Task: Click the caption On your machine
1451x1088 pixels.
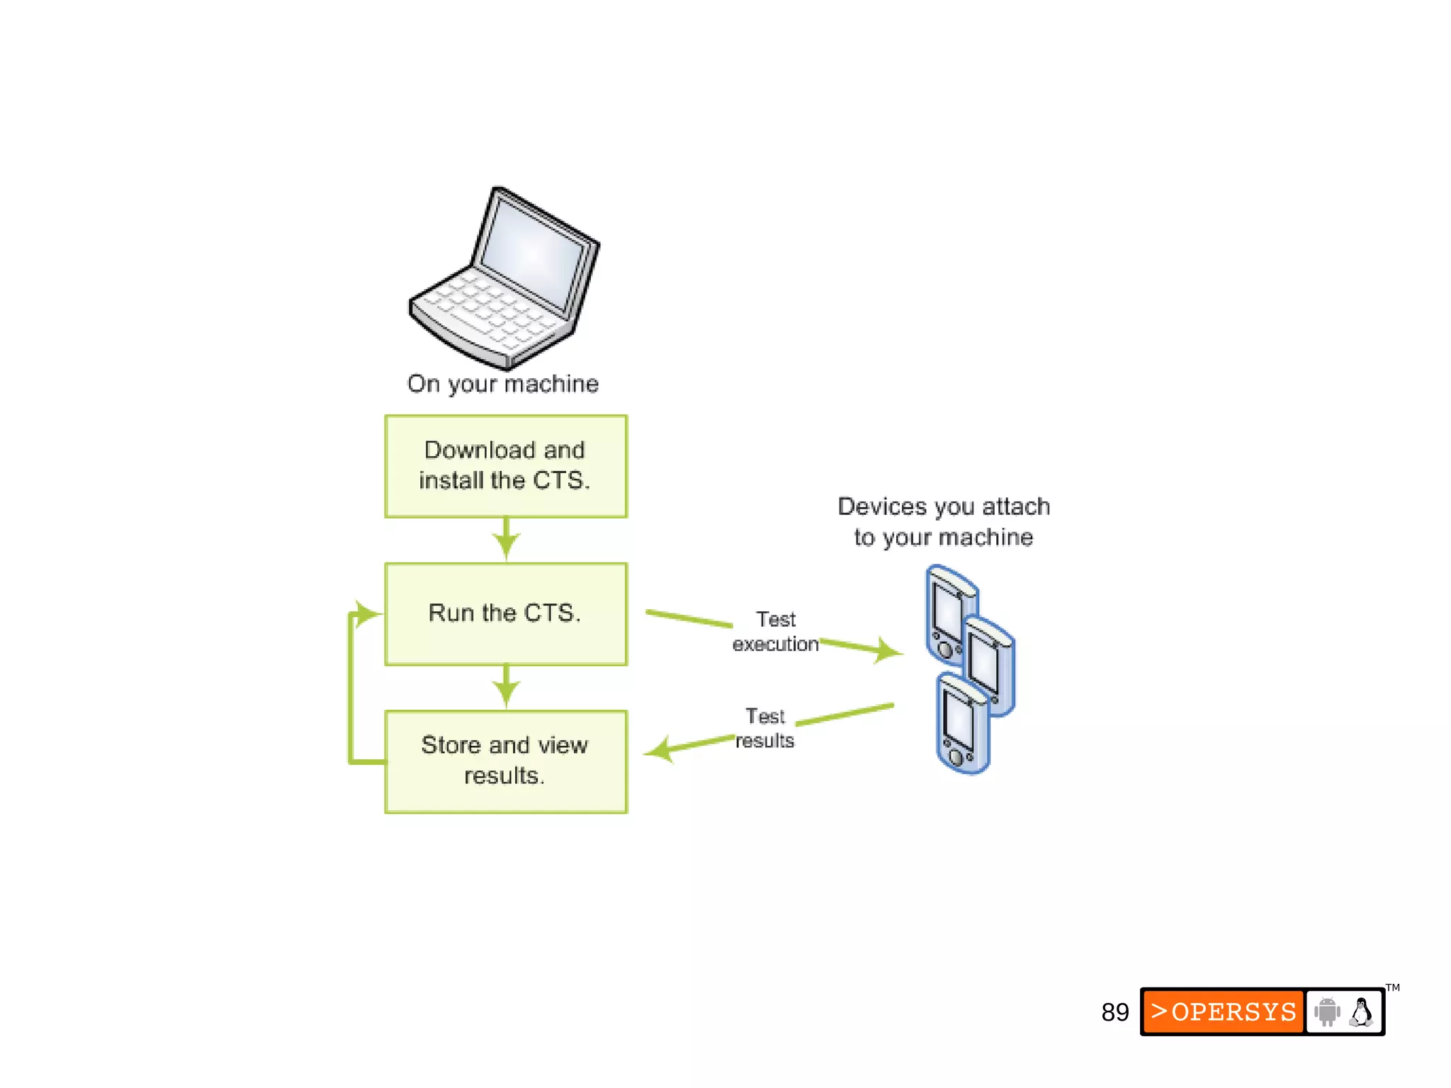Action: tap(503, 384)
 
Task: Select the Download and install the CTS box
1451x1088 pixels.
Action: tap(506, 465)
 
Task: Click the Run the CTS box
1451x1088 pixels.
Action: tap(506, 613)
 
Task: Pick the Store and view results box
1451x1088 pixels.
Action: tap(506, 761)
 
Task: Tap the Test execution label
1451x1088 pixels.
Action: tap(776, 631)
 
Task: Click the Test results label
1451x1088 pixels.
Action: tap(765, 728)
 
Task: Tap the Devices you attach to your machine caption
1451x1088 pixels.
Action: tap(944, 521)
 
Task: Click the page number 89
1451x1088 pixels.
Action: tap(1114, 1012)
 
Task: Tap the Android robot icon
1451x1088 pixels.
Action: tap(1327, 1011)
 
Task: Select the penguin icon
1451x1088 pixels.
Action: tap(1361, 1011)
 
